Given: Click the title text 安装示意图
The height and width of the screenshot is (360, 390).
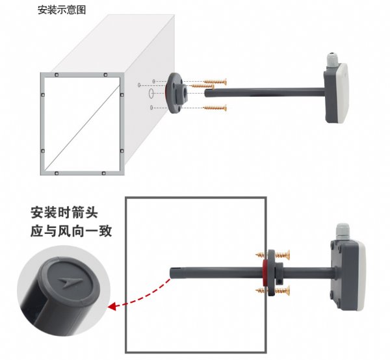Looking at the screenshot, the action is (x=62, y=10).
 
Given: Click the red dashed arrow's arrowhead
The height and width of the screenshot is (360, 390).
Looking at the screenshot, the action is (x=112, y=306).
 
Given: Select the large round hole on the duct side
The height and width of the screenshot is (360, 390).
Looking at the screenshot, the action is (x=151, y=93).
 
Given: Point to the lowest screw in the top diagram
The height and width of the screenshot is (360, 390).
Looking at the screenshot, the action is (x=215, y=108).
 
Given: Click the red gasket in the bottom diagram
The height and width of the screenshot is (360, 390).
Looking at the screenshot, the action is (x=265, y=273).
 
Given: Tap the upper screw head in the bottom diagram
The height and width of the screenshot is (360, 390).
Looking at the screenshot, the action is (x=287, y=255).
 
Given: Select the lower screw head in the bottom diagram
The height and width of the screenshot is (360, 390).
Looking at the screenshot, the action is (x=287, y=290).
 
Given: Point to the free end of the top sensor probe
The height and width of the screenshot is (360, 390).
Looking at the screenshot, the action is (x=207, y=93).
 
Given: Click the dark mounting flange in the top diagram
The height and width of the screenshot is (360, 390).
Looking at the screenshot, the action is (x=176, y=93).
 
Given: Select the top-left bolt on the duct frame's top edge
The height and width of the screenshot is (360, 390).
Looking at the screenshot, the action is (x=57, y=75).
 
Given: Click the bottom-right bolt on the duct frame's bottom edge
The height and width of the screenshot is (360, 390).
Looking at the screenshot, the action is (x=103, y=173).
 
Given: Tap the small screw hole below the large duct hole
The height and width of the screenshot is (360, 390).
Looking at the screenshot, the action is (x=151, y=107).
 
